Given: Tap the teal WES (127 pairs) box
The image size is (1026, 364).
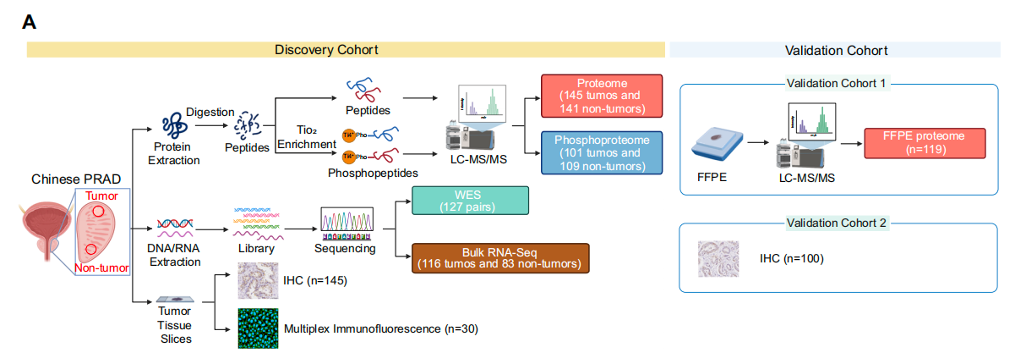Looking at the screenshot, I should (469, 201).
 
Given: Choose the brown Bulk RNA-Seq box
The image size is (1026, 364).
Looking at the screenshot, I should (499, 257).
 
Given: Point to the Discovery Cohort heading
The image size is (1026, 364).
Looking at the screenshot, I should (326, 51).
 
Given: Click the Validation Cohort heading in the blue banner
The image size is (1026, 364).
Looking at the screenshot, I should (836, 51).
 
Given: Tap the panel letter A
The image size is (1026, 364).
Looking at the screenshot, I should (28, 22).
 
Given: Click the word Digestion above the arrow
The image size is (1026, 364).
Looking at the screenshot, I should (210, 111).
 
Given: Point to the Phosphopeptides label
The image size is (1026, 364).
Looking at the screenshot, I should (373, 172).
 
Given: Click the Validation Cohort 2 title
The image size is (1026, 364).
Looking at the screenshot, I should (838, 223).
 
